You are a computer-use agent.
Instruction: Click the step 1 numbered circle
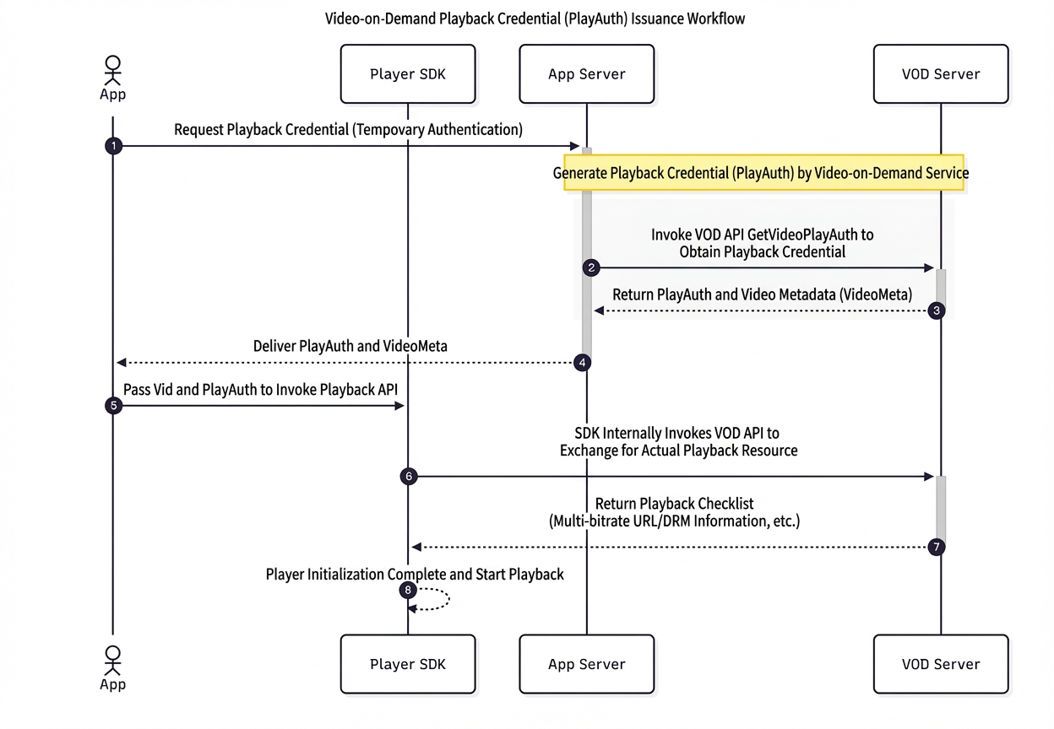(113, 146)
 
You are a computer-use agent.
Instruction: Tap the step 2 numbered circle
(591, 268)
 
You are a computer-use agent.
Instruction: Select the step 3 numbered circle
(937, 310)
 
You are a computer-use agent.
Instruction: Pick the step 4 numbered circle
(582, 363)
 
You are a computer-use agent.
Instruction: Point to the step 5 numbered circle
(113, 406)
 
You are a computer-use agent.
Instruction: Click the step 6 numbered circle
(409, 477)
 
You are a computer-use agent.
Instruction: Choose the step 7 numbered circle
(937, 547)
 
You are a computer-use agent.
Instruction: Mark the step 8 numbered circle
(408, 590)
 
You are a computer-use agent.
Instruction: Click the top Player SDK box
(408, 73)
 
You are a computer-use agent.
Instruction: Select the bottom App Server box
(587, 664)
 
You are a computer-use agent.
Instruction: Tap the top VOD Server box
(941, 73)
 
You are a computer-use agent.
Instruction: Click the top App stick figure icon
(113, 71)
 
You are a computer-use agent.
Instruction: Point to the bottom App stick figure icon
(113, 661)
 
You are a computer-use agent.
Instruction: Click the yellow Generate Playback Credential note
(763, 172)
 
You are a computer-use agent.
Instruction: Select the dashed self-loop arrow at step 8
(449, 599)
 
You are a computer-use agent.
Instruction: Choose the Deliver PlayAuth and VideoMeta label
(350, 346)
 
